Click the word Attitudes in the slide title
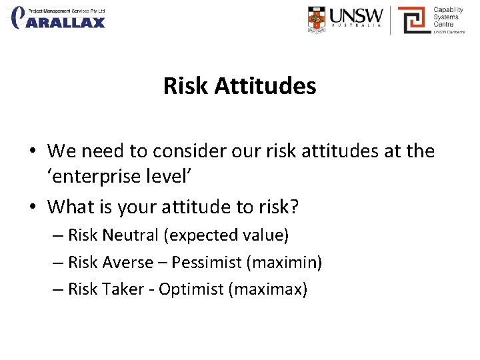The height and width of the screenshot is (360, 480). tap(265, 86)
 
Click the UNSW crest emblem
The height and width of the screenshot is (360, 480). tap(317, 19)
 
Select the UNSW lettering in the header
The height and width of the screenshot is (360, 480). tap(356, 16)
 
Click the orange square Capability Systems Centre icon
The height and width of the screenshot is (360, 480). tap(413, 20)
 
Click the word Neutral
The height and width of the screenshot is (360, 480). tap(131, 235)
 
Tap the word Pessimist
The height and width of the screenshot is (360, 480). tap(207, 263)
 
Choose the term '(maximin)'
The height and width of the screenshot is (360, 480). tap(284, 263)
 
